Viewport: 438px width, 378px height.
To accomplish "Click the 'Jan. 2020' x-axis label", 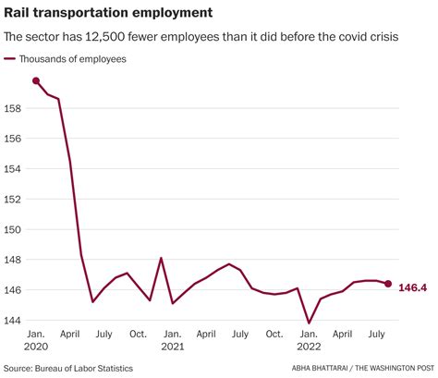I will [x=36, y=339].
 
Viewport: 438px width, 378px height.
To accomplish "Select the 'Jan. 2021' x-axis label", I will [x=172, y=339].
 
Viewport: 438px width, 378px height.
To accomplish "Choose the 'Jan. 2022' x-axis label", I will [x=309, y=339].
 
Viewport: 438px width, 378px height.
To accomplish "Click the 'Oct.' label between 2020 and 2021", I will [x=138, y=333].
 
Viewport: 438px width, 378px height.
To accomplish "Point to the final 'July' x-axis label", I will [x=376, y=333].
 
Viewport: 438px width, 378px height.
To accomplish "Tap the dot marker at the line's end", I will [x=388, y=284].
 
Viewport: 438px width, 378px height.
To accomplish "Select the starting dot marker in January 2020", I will [x=36, y=81].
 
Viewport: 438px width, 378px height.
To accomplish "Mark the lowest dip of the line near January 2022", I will [x=309, y=323].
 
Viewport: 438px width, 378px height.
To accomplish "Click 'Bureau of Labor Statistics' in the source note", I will [x=88, y=368].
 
